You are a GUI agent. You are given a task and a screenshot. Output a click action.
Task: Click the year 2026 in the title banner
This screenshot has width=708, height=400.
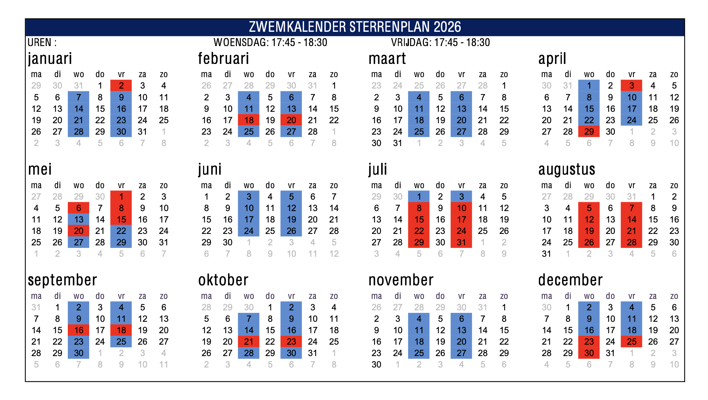[447, 27]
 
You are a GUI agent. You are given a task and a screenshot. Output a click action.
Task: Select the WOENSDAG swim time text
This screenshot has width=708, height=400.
[270, 42]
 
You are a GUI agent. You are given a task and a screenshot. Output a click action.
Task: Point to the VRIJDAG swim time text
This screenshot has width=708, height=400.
[440, 42]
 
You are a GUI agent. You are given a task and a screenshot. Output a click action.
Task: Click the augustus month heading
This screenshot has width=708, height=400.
[567, 169]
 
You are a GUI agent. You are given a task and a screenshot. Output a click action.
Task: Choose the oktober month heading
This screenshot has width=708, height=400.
[223, 280]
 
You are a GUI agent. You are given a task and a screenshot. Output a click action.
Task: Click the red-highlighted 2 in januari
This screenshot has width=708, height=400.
[121, 86]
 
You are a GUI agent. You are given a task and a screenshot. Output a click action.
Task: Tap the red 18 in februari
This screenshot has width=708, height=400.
[249, 120]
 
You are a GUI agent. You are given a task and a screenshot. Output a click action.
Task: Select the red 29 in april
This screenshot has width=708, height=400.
[589, 131]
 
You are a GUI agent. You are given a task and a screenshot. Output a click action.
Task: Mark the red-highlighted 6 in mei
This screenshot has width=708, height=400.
[79, 208]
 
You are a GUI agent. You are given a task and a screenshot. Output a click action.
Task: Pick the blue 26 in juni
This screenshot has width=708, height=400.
[291, 231]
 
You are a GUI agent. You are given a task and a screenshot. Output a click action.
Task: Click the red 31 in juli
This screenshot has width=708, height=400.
[461, 242]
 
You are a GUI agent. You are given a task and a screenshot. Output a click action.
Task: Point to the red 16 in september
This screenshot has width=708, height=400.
[79, 330]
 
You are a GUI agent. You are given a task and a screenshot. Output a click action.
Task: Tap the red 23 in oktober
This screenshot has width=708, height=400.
[291, 341]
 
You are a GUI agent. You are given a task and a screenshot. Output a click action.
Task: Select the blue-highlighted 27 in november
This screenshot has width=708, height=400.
[461, 353]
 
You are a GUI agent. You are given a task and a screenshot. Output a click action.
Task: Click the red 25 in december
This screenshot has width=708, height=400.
[632, 341]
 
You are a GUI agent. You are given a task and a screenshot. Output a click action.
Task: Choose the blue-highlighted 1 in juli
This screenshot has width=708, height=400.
[419, 196]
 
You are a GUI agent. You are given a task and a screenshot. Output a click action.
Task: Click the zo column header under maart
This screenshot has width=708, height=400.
[504, 74]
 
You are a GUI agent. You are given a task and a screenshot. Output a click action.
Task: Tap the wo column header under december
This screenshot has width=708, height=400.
[589, 296]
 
